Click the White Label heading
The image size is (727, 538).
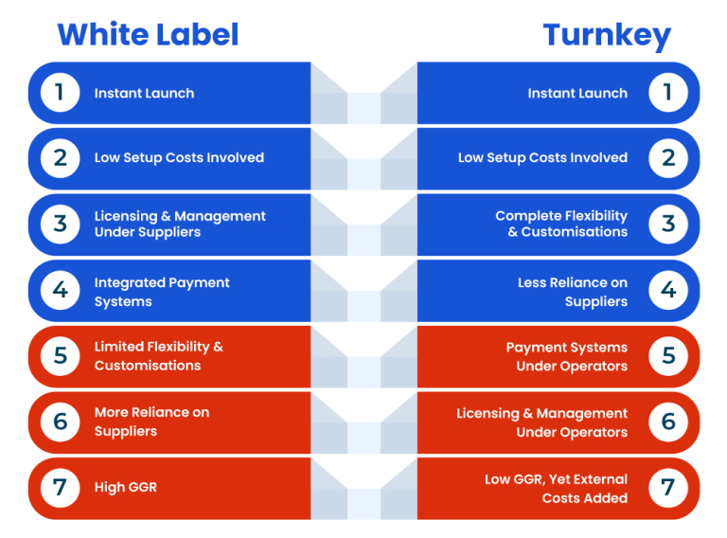(148, 34)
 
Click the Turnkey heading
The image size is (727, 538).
(607, 36)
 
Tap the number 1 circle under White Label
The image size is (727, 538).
(61, 92)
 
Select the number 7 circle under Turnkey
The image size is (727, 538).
(668, 488)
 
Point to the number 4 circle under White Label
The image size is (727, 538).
(61, 291)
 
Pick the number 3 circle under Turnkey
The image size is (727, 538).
(668, 224)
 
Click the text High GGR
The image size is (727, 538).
(126, 488)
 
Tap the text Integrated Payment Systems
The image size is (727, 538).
(162, 292)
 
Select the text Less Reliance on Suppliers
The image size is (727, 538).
(573, 292)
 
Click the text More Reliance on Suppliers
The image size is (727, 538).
(151, 421)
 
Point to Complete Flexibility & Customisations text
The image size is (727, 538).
(561, 224)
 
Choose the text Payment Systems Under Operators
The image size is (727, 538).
(567, 357)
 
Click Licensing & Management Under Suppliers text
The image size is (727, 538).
(180, 224)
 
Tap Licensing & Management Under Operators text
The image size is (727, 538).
(542, 422)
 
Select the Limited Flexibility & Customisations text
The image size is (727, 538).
(159, 356)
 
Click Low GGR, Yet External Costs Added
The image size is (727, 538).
(557, 489)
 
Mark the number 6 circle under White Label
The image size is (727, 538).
(61, 421)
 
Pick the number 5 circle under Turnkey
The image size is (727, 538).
(668, 356)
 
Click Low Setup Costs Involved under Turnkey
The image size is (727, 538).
(543, 157)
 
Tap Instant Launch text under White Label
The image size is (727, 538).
(144, 93)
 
